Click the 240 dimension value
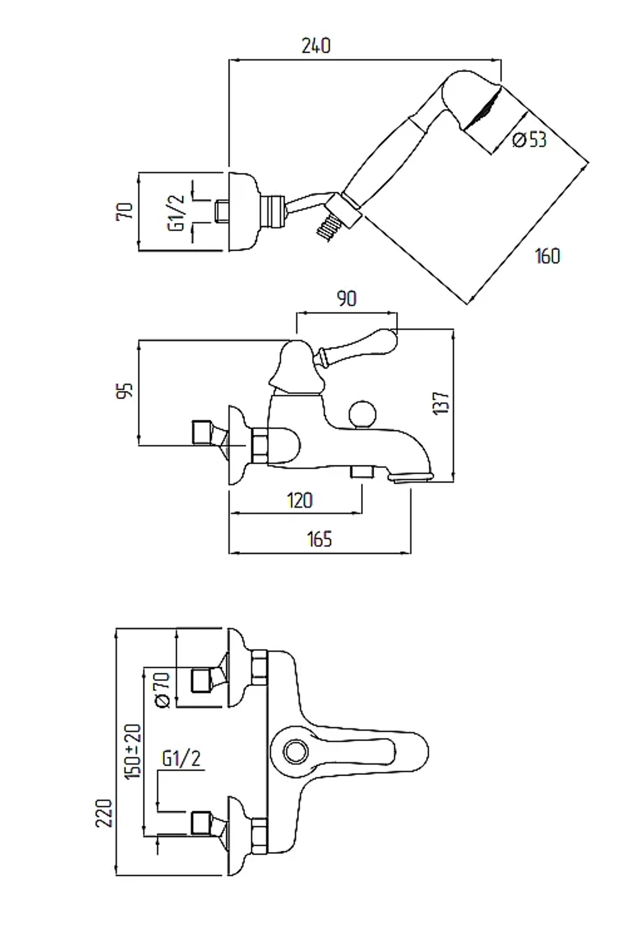pyautogui.click(x=316, y=45)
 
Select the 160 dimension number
pyautogui.click(x=547, y=256)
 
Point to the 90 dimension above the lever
pyautogui.click(x=346, y=298)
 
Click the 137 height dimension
pyautogui.click(x=441, y=402)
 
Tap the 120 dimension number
pyautogui.click(x=299, y=501)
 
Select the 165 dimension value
pyautogui.click(x=319, y=540)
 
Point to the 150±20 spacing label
pyautogui.click(x=133, y=751)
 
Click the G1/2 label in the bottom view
pyautogui.click(x=181, y=758)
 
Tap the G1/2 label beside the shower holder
pyautogui.click(x=175, y=212)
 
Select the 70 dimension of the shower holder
pyautogui.click(x=124, y=211)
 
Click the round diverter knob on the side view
pyautogui.click(x=362, y=415)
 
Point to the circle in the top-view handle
pyautogui.click(x=296, y=751)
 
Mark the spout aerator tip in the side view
pyautogui.click(x=411, y=478)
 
